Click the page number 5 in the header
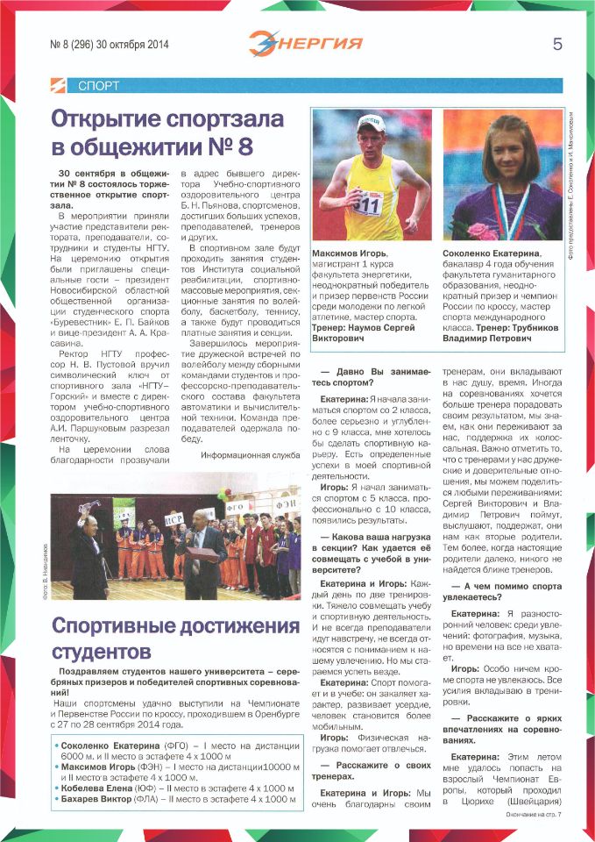pos(556,44)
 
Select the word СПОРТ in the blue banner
pos(98,86)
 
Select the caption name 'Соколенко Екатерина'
pos(493,254)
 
